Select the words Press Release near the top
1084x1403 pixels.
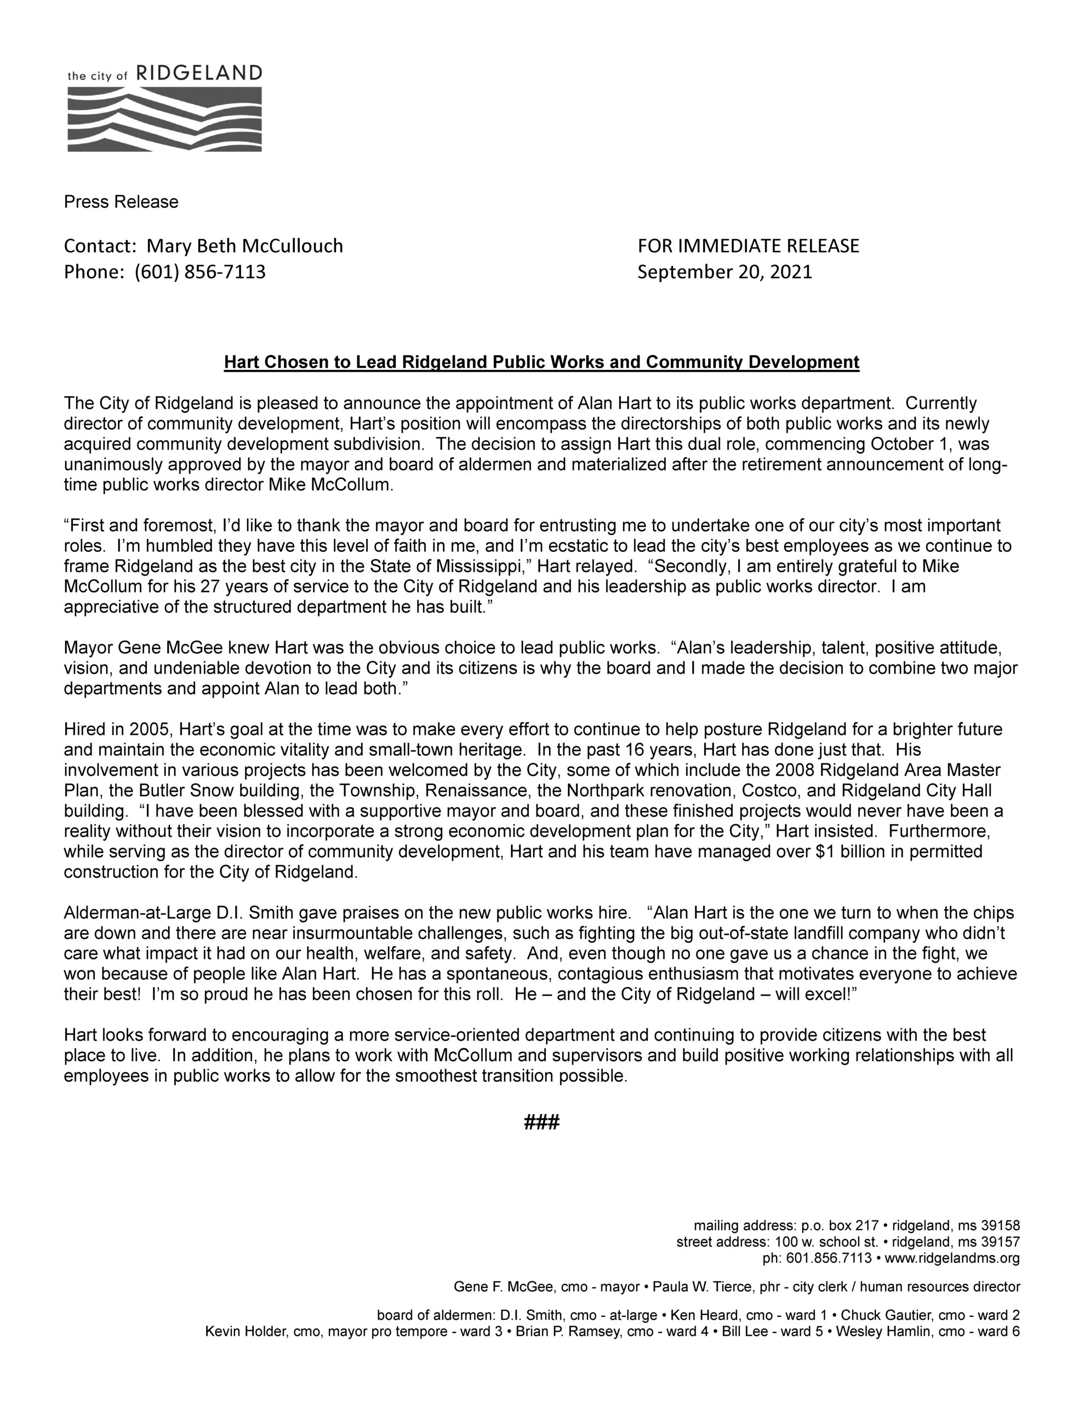121,202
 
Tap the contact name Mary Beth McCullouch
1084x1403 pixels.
245,246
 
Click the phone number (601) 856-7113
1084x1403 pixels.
200,272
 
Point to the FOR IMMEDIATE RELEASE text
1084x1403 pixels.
748,246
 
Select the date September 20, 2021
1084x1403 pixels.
724,272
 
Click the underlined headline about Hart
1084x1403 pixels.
541,362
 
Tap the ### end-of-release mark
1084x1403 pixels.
541,1122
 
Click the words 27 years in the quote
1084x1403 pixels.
236,586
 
